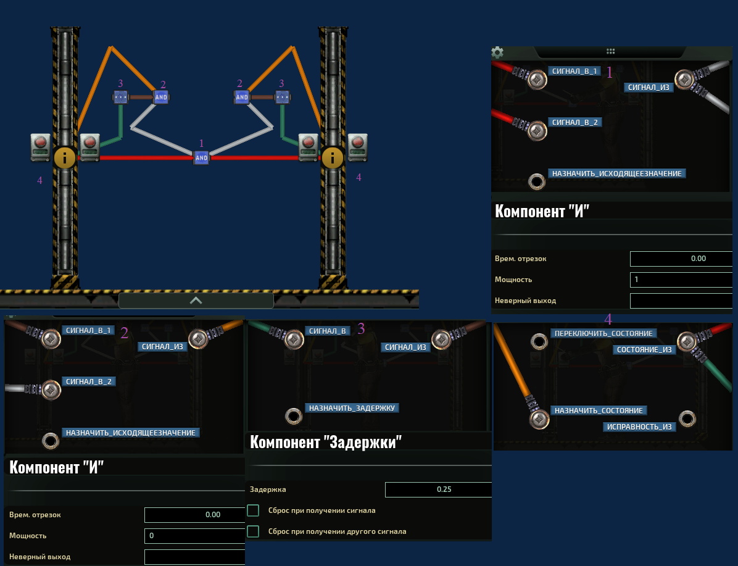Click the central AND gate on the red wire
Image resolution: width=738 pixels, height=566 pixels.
pos(201,158)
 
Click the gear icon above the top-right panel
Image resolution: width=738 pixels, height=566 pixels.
pos(497,52)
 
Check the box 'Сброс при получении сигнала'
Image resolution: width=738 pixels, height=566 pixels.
pos(253,510)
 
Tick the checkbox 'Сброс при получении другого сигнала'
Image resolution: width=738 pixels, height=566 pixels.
pos(253,531)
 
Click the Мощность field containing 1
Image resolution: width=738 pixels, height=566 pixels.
pos(681,280)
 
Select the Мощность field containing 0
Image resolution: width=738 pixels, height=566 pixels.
pos(195,535)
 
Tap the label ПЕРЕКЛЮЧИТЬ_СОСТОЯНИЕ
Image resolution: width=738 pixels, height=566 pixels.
pos(603,333)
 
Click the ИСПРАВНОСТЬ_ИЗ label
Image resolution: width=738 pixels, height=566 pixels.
pos(639,427)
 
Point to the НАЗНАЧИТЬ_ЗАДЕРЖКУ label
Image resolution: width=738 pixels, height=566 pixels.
pos(352,408)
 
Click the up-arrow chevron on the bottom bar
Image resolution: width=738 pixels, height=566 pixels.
pos(196,301)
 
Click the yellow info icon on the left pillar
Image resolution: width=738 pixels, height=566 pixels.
pos(64,158)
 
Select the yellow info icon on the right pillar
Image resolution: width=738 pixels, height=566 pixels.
pos(333,158)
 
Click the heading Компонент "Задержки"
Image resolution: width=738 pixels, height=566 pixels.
pos(326,442)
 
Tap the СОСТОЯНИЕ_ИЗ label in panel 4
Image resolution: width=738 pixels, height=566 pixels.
pos(644,349)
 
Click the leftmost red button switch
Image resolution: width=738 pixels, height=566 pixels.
pos(41,148)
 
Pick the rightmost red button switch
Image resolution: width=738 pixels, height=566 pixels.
pos(357,148)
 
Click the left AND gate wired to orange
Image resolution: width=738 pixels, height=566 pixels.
pos(161,97)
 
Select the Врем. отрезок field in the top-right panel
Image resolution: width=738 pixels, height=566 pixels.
pos(681,259)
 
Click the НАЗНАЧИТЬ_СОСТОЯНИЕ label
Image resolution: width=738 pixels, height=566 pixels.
pos(599,410)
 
